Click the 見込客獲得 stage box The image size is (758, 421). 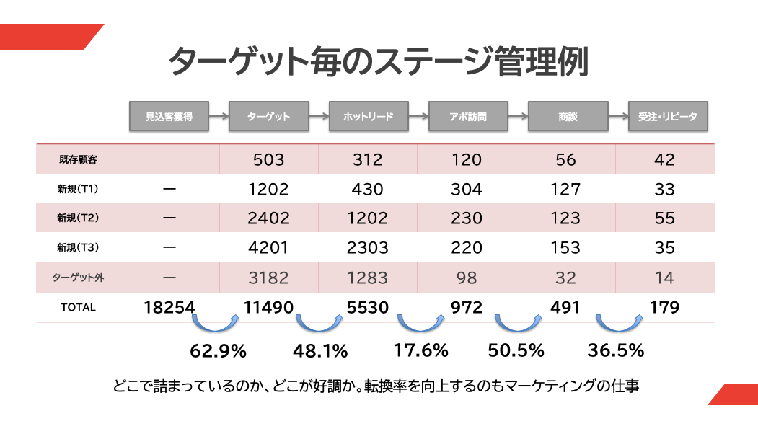pos(169,116)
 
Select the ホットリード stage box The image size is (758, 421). pos(368,116)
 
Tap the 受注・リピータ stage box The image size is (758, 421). pos(667,116)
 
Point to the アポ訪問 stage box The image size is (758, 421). pos(467,116)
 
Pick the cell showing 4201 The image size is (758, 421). pos(268,248)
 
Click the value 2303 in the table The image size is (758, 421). pos(368,248)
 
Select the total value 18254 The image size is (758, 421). pos(169,308)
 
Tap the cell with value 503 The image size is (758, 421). pos(268,160)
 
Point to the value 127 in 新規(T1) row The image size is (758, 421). pos(565,190)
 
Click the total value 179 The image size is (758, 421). pos(664,308)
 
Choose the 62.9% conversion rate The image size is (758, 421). pos(218,351)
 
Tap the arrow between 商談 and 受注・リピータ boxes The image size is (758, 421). pos(618,116)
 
